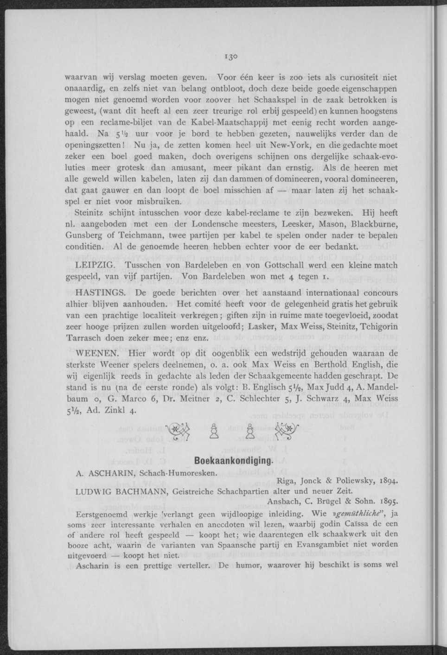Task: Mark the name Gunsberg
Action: pyautogui.click(x=91, y=236)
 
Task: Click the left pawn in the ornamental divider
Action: pyautogui.click(x=214, y=432)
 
